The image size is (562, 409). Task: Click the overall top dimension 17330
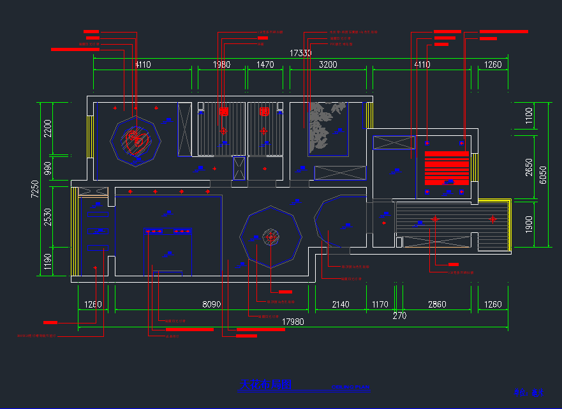(x=301, y=54)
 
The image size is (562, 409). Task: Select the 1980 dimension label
(x=221, y=64)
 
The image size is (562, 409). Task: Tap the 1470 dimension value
(x=265, y=64)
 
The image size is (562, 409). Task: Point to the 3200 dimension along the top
(x=328, y=64)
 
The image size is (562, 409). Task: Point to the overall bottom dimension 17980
(x=293, y=322)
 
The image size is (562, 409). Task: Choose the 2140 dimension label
(x=341, y=304)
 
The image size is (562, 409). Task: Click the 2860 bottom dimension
(x=437, y=304)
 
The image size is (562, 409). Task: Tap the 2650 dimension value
(x=529, y=168)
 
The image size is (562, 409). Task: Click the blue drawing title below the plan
(x=265, y=385)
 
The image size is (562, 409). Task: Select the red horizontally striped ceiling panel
(x=447, y=168)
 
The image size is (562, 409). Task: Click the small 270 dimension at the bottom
(x=399, y=315)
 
